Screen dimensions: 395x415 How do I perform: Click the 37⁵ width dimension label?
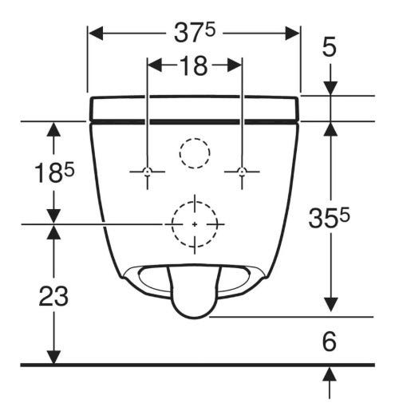click(194, 33)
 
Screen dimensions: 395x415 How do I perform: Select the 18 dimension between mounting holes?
click(193, 65)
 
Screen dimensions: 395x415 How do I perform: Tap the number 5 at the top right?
click(330, 47)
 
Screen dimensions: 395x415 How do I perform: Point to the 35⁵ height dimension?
click(329, 218)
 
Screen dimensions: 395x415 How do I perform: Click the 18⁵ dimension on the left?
click(54, 173)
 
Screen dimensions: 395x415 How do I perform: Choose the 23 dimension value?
click(53, 296)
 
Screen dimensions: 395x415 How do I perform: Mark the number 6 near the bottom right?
click(330, 342)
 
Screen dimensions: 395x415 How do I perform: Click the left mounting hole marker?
click(148, 172)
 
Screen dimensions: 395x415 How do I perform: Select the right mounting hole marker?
click(242, 172)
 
